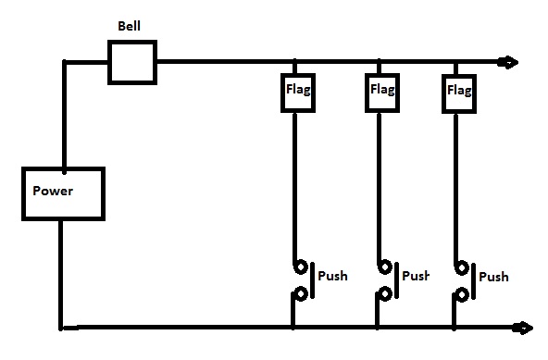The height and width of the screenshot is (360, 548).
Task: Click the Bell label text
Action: pyautogui.click(x=129, y=26)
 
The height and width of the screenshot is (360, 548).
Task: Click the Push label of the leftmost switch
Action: pyautogui.click(x=332, y=276)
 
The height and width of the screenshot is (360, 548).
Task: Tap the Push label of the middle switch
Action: pyautogui.click(x=416, y=276)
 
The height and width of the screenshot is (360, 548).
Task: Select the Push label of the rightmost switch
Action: pyautogui.click(x=493, y=277)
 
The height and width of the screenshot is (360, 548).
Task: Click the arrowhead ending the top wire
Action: pyautogui.click(x=508, y=62)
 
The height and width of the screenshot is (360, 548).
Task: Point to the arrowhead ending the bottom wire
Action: pyautogui.click(x=523, y=328)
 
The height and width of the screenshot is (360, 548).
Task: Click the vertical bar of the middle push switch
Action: pyautogui.click(x=397, y=280)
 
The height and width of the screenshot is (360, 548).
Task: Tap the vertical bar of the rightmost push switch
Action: pyautogui.click(x=474, y=281)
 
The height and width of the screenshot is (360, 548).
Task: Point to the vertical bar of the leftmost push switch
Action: pyautogui.click(x=313, y=280)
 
